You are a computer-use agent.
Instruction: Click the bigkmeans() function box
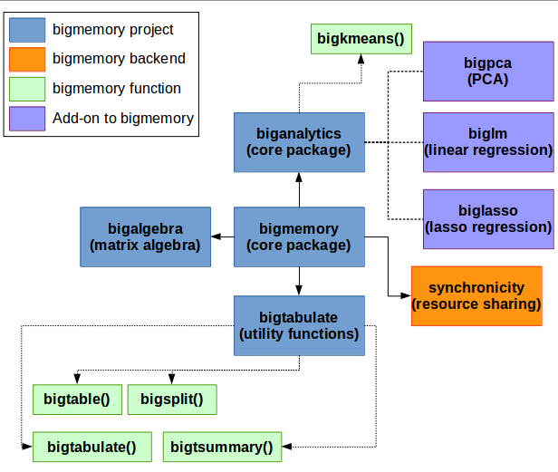point(361,39)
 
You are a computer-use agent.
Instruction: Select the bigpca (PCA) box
point(488,72)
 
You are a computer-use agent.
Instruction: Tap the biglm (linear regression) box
point(488,142)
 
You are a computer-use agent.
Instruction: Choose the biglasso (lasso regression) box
point(488,219)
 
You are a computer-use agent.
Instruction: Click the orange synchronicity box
point(476,296)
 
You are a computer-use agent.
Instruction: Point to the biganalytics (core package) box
point(299,142)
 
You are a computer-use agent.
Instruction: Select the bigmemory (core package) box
point(299,236)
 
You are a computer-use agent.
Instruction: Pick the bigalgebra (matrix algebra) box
point(145,236)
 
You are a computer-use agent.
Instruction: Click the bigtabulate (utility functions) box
point(299,325)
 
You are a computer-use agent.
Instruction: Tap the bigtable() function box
point(77,400)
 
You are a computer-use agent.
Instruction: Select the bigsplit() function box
point(172,400)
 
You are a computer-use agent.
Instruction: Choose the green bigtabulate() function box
point(92,447)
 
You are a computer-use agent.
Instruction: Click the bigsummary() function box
point(223,447)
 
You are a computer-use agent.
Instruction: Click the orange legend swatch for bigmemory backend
point(27,60)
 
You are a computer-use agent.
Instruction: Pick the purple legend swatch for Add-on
point(27,119)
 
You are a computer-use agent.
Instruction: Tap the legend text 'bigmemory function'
point(117,88)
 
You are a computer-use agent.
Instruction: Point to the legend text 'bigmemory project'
point(113,30)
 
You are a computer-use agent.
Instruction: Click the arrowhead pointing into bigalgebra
point(216,236)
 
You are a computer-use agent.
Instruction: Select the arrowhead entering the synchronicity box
point(406,296)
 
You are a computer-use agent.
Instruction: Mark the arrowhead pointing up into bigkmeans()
point(361,59)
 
